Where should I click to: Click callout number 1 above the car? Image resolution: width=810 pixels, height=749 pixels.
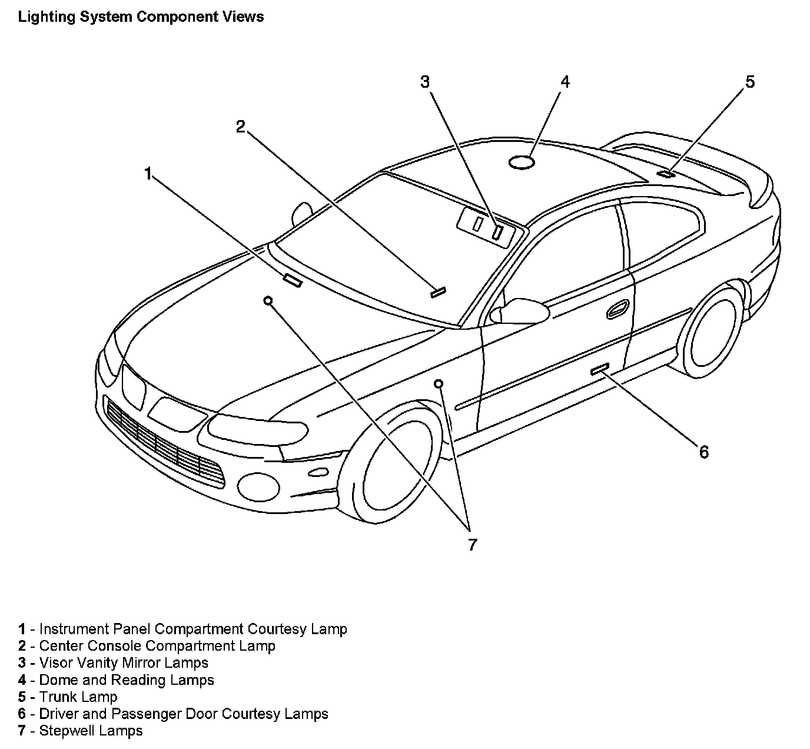(148, 173)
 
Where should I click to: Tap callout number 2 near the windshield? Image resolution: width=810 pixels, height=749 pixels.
(240, 127)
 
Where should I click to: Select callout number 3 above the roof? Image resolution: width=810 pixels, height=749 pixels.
(425, 82)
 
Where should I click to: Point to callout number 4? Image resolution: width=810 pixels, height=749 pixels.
(565, 82)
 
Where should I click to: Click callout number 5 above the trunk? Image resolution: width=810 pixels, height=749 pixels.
(749, 82)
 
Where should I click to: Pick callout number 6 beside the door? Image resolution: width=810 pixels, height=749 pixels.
(704, 452)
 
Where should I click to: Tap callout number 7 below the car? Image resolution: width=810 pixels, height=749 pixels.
(472, 545)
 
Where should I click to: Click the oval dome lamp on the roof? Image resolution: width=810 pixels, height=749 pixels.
(522, 162)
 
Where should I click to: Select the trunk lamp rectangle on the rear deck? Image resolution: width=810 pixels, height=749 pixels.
(666, 173)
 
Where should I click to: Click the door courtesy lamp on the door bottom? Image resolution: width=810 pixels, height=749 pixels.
(600, 369)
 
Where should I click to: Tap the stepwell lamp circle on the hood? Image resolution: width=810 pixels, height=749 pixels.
(268, 300)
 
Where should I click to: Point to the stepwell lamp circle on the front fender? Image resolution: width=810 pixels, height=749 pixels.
(439, 384)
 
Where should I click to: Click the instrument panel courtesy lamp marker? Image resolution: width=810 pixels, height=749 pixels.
(293, 281)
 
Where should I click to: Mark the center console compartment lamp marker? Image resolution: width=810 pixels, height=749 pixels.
(438, 291)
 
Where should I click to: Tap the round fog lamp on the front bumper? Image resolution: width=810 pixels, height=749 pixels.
(258, 485)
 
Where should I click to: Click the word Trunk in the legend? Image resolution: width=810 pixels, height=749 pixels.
(57, 697)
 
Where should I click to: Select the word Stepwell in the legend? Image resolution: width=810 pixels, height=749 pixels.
(65, 731)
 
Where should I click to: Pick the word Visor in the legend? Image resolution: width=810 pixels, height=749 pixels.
(54, 662)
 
